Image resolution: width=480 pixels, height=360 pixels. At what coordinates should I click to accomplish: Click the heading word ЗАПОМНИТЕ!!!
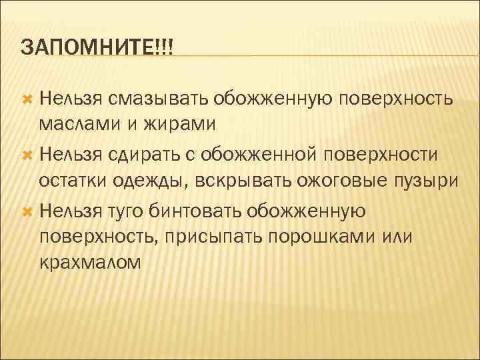tap(97, 47)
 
